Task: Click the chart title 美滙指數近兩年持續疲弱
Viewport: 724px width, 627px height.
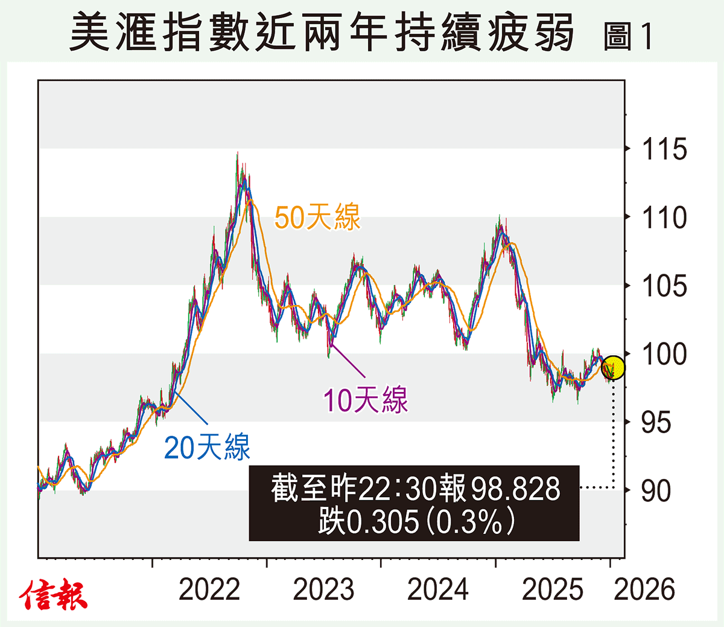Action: point(322,33)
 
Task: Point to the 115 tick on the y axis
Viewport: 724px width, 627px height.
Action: point(664,149)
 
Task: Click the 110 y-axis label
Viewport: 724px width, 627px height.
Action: point(664,217)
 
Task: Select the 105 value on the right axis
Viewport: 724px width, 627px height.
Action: point(664,286)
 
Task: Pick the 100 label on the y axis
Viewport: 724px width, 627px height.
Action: point(664,354)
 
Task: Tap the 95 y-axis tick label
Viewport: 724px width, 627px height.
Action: point(656,422)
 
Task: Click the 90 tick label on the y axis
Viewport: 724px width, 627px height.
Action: point(656,490)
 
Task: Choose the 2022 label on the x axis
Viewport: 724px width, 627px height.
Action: point(209,590)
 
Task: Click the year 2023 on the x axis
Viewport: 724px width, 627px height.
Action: point(323,590)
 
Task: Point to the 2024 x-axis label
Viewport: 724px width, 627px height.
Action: point(438,590)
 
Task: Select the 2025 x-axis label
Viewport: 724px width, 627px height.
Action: point(552,590)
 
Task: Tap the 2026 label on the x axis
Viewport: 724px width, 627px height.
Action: point(644,590)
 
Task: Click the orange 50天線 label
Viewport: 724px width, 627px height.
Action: point(317,217)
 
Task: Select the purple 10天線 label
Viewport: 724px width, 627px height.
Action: point(365,400)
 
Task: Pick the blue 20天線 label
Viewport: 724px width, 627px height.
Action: point(207,448)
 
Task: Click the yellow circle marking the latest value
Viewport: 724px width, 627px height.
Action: point(613,367)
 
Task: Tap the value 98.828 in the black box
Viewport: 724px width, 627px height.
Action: point(515,489)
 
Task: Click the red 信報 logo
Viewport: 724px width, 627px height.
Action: point(53,596)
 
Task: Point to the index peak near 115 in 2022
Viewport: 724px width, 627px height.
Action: point(237,155)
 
